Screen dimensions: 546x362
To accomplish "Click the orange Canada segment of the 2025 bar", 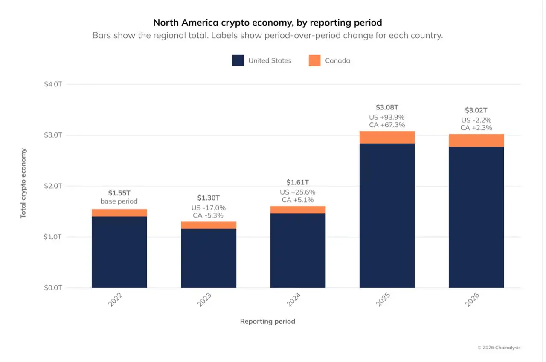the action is pos(387,137).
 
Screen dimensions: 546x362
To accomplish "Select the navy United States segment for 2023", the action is pos(209,259).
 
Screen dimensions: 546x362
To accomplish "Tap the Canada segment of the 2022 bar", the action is pos(119,213).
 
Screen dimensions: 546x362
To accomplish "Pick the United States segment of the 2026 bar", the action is pos(476,217).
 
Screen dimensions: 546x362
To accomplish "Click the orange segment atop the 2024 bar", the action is pos(298,210).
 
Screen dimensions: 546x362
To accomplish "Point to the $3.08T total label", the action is pos(387,107).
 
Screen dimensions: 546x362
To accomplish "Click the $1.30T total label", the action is pos(209,198).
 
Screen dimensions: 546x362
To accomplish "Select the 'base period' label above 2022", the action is pos(119,201).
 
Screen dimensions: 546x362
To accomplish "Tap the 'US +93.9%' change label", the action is pos(387,117).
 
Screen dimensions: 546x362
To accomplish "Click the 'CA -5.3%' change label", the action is pos(208,215).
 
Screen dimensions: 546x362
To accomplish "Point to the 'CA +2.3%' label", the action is pos(476,128).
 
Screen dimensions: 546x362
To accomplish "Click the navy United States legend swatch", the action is pos(238,60).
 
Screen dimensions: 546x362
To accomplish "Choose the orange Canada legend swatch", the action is pos(315,60).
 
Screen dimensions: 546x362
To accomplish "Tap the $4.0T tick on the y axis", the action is pos(53,84).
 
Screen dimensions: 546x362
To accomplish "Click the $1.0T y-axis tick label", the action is pos(53,237).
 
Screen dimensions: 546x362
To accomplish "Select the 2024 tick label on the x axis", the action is pos(294,300).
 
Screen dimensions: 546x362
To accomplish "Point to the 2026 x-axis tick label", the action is pos(472,300).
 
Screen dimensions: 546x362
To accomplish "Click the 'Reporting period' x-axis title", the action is pos(267,322).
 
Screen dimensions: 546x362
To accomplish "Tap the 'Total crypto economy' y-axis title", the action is pos(23,184).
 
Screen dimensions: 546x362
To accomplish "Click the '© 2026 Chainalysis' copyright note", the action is pos(499,348).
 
